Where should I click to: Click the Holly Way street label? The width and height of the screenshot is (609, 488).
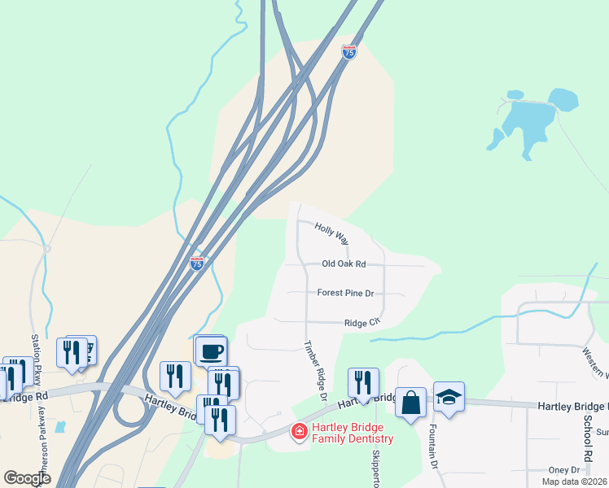[x=331, y=235]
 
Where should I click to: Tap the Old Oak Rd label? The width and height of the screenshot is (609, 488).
[x=344, y=264]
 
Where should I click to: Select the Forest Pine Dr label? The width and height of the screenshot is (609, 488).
[x=345, y=293]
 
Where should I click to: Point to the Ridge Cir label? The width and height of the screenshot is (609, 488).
[x=362, y=323]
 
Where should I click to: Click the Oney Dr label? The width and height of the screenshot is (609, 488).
[x=563, y=470]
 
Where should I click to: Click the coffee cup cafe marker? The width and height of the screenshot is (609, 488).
[x=211, y=351]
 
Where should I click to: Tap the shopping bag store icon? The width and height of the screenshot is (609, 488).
[x=411, y=403]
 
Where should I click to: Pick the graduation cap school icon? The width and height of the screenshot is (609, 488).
[x=449, y=396]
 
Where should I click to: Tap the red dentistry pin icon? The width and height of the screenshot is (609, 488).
[x=300, y=431]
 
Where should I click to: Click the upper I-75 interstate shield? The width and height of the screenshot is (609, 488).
[x=349, y=51]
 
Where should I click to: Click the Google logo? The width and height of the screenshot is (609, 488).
[x=27, y=478]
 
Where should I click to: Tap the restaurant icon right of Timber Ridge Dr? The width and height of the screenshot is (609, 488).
[x=363, y=382]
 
